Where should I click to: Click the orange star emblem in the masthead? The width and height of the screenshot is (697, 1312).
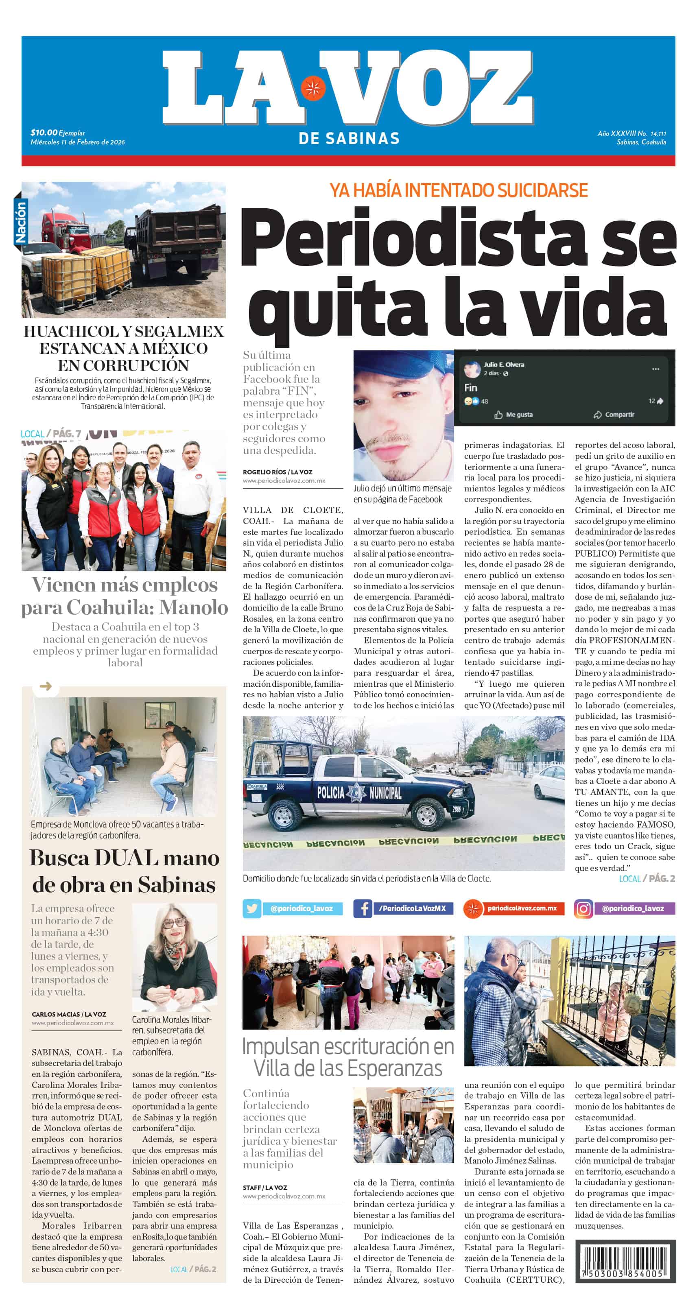click(x=313, y=88)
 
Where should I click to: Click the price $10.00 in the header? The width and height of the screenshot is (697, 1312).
click(x=44, y=133)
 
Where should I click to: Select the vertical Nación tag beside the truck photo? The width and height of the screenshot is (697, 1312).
click(x=21, y=222)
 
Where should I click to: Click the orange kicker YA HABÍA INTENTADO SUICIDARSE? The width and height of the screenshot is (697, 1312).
click(x=458, y=190)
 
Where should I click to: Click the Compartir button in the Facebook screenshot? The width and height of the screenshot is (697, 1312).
click(x=614, y=415)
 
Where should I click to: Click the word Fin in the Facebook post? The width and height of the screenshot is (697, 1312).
click(x=471, y=388)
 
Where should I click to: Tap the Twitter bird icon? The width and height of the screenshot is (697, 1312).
click(x=252, y=908)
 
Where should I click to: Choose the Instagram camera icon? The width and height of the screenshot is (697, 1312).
click(x=583, y=908)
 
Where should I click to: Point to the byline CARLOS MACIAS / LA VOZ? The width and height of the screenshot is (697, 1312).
click(x=69, y=1014)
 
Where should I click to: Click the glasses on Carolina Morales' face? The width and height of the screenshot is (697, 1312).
click(x=174, y=922)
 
